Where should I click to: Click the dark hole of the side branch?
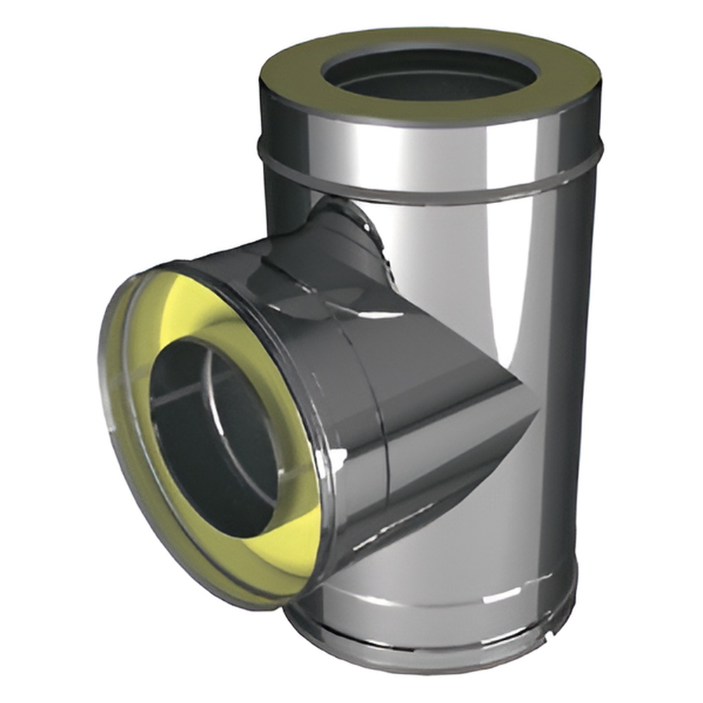[x=211, y=436]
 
